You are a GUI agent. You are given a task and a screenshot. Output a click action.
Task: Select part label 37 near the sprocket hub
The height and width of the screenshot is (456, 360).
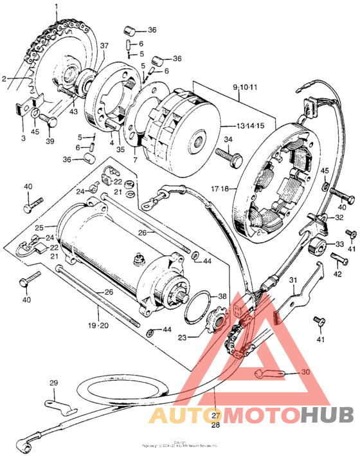[104, 45]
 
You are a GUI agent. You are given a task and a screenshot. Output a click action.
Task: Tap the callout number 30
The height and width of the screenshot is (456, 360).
[305, 372]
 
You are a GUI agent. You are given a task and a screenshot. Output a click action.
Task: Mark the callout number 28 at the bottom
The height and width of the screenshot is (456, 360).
[215, 425]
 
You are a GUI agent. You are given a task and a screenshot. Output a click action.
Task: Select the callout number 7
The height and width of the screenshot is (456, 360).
[135, 159]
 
